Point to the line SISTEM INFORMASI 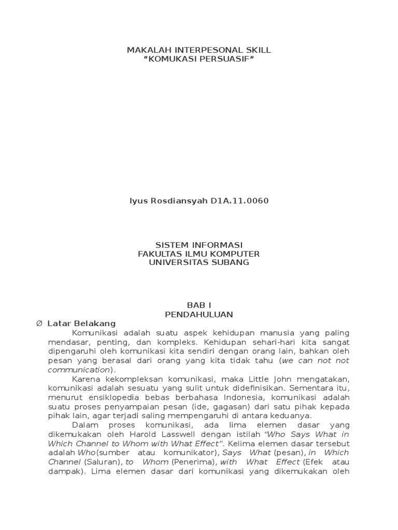199,245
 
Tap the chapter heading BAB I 199,305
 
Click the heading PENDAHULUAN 199,314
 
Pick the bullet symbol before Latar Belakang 39,323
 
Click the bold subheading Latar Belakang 81,323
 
